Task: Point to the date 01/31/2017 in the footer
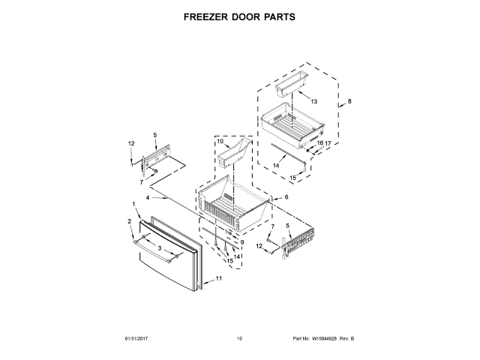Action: [138, 339]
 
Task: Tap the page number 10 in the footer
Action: [239, 339]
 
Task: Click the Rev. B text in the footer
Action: [347, 339]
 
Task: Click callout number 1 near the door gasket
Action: [134, 203]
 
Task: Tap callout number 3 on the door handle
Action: [159, 247]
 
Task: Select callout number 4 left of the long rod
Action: [148, 198]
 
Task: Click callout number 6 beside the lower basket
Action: [286, 197]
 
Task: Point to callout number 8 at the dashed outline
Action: [349, 101]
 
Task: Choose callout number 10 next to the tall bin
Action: [220, 141]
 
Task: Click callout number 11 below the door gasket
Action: [219, 278]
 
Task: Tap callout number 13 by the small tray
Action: [313, 101]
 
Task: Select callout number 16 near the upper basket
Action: [319, 142]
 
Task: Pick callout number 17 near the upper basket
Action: [327, 142]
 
